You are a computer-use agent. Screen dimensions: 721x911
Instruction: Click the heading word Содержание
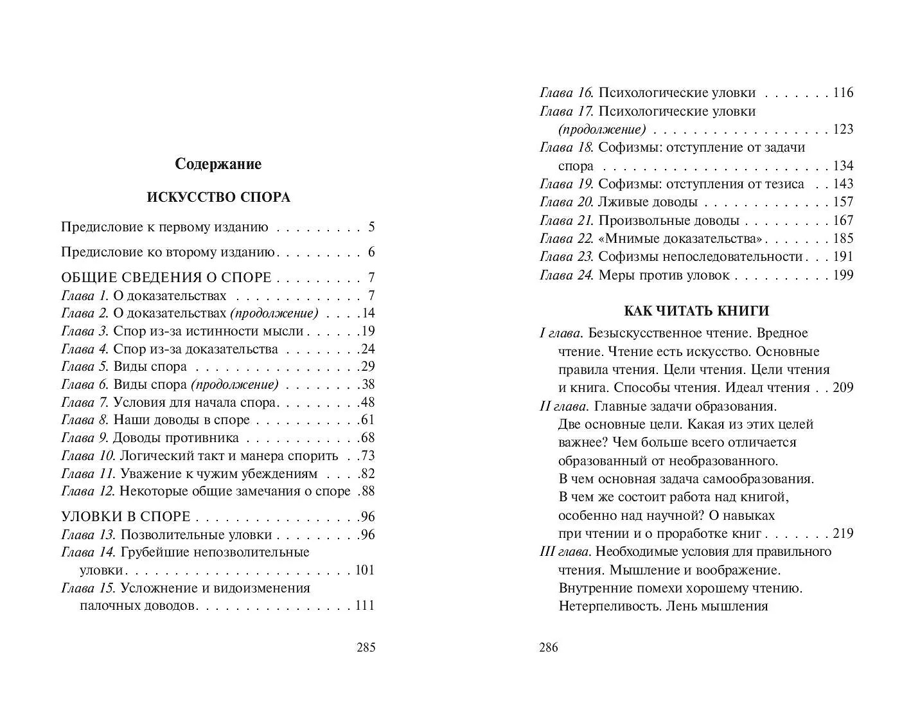[218, 165]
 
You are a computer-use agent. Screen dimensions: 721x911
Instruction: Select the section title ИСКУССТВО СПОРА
[218, 197]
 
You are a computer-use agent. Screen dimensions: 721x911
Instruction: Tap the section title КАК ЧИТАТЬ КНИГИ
[696, 311]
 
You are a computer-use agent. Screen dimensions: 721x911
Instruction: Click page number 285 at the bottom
[366, 647]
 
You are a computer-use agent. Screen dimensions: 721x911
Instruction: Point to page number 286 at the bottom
[549, 647]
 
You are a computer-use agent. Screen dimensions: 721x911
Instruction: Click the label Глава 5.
[85, 367]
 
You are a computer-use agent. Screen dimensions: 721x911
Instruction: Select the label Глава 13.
[88, 535]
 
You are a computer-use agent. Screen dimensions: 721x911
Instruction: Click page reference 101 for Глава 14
[364, 571]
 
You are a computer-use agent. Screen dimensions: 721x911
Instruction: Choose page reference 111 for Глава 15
[364, 606]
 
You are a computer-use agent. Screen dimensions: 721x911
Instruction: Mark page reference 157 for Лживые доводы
[843, 202]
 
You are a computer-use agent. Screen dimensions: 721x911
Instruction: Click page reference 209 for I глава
[843, 388]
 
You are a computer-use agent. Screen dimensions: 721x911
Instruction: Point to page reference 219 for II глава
[843, 533]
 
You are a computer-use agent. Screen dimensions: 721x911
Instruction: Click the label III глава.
[565, 552]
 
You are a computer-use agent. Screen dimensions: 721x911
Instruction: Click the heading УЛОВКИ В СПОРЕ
[126, 517]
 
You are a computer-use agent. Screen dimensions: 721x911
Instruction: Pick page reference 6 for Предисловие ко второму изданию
[371, 253]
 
